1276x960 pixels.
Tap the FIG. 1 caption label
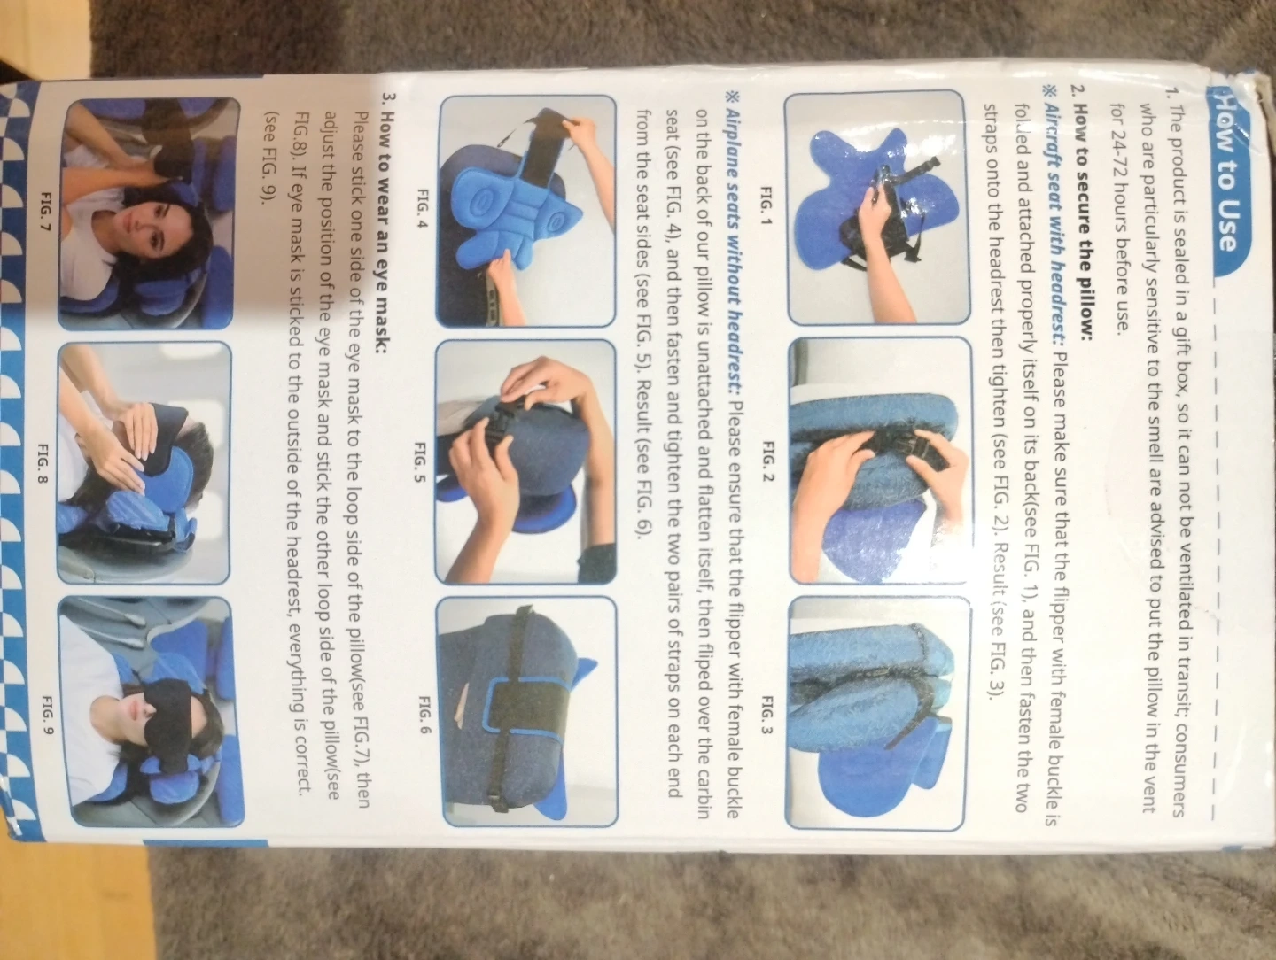pos(766,205)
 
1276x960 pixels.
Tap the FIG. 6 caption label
pos(424,715)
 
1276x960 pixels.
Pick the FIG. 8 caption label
pos(43,463)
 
